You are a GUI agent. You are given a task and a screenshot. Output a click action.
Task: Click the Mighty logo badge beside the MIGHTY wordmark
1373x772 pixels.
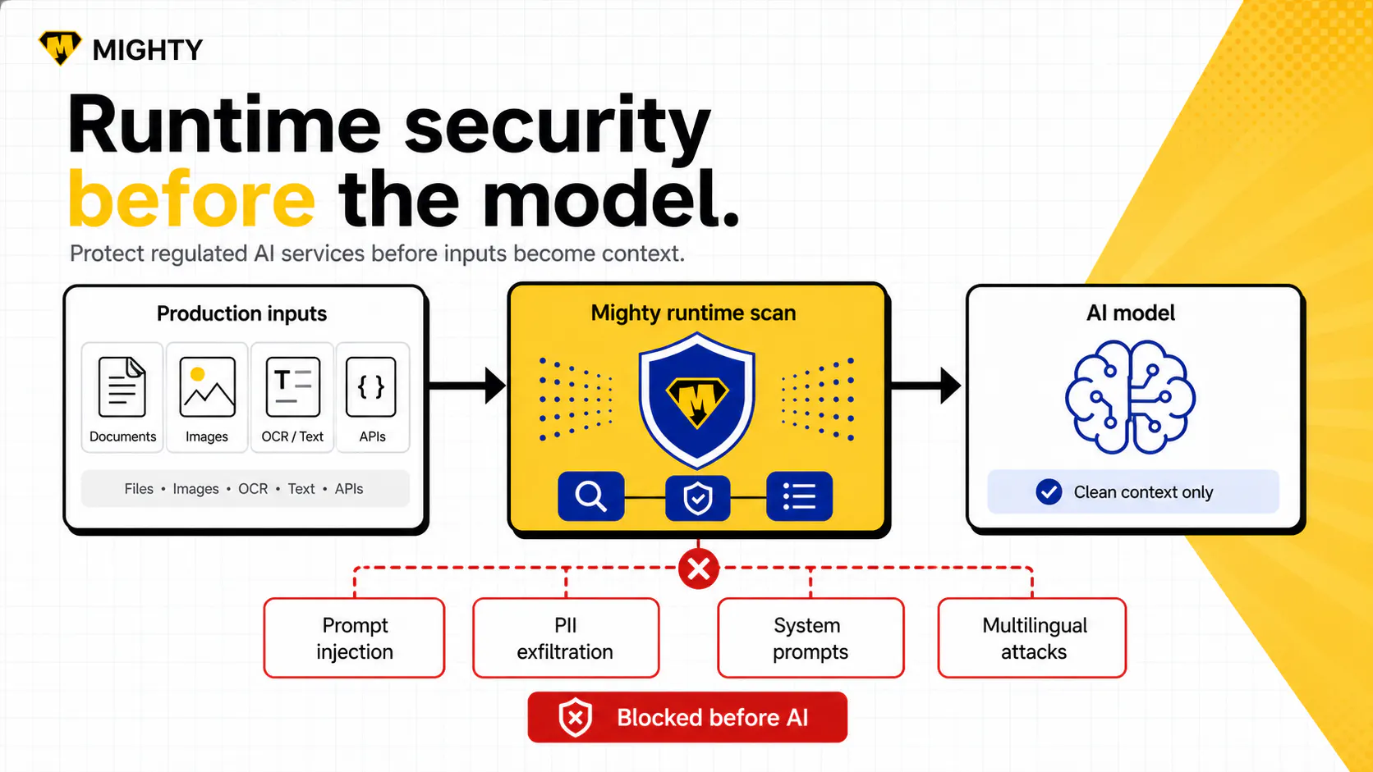coord(59,48)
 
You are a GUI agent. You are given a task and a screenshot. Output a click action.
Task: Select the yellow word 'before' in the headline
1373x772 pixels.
coord(191,199)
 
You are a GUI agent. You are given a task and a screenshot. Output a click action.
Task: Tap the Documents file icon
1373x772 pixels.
coord(122,387)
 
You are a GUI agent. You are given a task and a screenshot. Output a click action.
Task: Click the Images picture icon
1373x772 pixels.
coord(207,387)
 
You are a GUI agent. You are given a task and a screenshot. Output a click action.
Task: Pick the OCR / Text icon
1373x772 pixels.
coord(292,387)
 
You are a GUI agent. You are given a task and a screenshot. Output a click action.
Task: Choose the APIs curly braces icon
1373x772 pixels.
coord(371,387)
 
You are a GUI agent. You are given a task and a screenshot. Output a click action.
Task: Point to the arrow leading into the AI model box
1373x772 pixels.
coord(925,386)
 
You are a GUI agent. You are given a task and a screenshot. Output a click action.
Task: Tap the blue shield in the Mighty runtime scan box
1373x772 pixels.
coord(697,400)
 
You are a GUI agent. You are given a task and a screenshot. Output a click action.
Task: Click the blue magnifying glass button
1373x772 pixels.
coord(591,496)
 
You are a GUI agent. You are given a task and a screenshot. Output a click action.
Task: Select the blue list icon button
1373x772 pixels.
coord(799,496)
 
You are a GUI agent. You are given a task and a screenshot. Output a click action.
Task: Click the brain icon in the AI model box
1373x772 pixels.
coord(1130,397)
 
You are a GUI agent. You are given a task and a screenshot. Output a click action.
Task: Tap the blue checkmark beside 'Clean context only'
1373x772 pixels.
coord(1049,491)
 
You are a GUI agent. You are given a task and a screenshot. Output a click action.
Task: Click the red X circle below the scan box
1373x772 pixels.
coord(698,569)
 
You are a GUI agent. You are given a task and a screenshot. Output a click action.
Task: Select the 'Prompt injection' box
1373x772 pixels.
coord(354,638)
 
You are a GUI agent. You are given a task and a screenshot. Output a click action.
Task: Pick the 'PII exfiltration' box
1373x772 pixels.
coord(566,638)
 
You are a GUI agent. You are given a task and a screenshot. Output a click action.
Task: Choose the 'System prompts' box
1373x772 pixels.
coord(810,638)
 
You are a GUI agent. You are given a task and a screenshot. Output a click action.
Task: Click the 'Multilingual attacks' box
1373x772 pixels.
coord(1032,638)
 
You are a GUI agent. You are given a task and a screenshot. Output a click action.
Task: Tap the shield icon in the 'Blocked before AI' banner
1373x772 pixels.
coord(575,717)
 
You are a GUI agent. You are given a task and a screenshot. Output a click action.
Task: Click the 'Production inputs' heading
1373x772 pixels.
coord(241,313)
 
